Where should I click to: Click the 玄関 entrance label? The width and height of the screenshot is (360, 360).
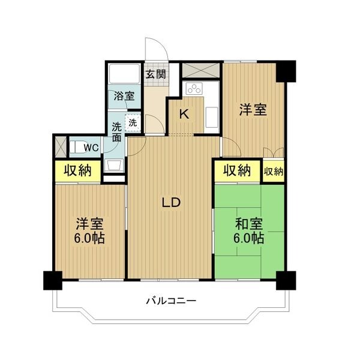(155, 74)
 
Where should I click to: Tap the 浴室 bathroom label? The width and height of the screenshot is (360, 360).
(124, 96)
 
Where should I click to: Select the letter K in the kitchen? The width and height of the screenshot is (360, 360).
(184, 114)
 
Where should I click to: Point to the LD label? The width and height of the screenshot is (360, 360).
(171, 203)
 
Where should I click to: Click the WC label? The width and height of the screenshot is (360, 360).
(91, 148)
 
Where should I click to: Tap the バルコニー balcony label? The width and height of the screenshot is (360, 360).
(171, 301)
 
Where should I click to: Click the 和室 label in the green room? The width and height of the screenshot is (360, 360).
(249, 224)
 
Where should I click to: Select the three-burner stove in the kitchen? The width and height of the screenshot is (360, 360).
(194, 88)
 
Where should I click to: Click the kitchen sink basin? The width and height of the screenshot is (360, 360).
(211, 117)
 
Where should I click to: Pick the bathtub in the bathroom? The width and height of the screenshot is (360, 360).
(124, 74)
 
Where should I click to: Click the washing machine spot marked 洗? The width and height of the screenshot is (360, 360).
(133, 123)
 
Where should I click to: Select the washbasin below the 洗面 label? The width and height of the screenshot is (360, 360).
(113, 165)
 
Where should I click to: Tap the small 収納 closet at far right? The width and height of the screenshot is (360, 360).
(274, 172)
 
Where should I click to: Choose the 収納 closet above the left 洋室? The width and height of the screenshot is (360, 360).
(78, 170)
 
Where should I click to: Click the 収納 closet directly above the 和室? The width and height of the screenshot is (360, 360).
(238, 170)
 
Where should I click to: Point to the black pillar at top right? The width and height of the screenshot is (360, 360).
(286, 71)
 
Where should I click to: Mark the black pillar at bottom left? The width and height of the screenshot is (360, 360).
(53, 280)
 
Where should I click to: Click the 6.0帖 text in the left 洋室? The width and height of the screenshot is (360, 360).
(89, 239)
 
